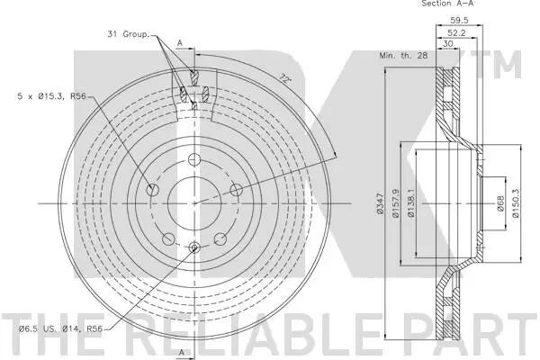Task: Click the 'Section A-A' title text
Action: click(447, 4)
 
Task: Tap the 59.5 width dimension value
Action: click(459, 21)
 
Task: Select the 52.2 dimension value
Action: click(456, 32)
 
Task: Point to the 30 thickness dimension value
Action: click(447, 44)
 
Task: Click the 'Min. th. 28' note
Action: click(403, 55)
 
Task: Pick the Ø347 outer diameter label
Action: click(380, 204)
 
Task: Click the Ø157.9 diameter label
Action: click(395, 203)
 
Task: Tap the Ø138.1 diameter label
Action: click(411, 203)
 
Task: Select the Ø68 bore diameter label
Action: click(500, 203)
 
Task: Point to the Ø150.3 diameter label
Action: click(516, 203)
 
